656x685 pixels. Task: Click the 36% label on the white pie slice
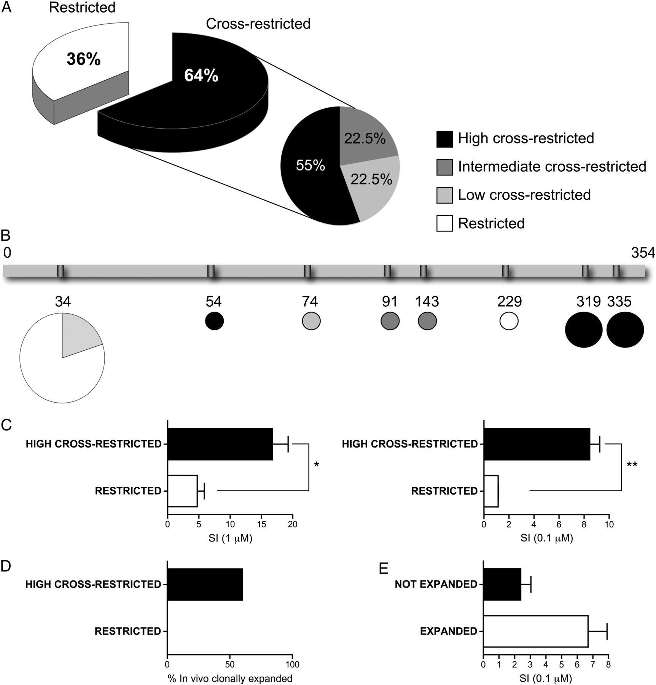pyautogui.click(x=84, y=59)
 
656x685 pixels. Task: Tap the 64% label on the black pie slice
pyautogui.click(x=201, y=76)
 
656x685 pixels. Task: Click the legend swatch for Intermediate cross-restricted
pyautogui.click(x=444, y=167)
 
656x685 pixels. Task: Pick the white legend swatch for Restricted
pyautogui.click(x=444, y=223)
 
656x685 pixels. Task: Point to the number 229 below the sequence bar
pyautogui.click(x=510, y=302)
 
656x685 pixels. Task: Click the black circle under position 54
pyautogui.click(x=214, y=321)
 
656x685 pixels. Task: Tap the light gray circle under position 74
pyautogui.click(x=311, y=321)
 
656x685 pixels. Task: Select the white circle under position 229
pyautogui.click(x=509, y=321)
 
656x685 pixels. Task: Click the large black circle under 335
pyautogui.click(x=625, y=330)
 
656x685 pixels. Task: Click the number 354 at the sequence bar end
pyautogui.click(x=643, y=253)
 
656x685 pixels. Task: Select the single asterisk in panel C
pyautogui.click(x=317, y=465)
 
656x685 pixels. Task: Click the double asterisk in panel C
pyautogui.click(x=632, y=465)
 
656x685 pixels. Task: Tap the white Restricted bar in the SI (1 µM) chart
pyautogui.click(x=182, y=491)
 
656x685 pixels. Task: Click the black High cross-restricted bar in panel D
pyautogui.click(x=205, y=585)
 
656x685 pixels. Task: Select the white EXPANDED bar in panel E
pyautogui.click(x=535, y=631)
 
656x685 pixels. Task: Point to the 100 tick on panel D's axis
pyautogui.click(x=292, y=664)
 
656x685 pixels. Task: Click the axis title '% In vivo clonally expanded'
pyautogui.click(x=230, y=678)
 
